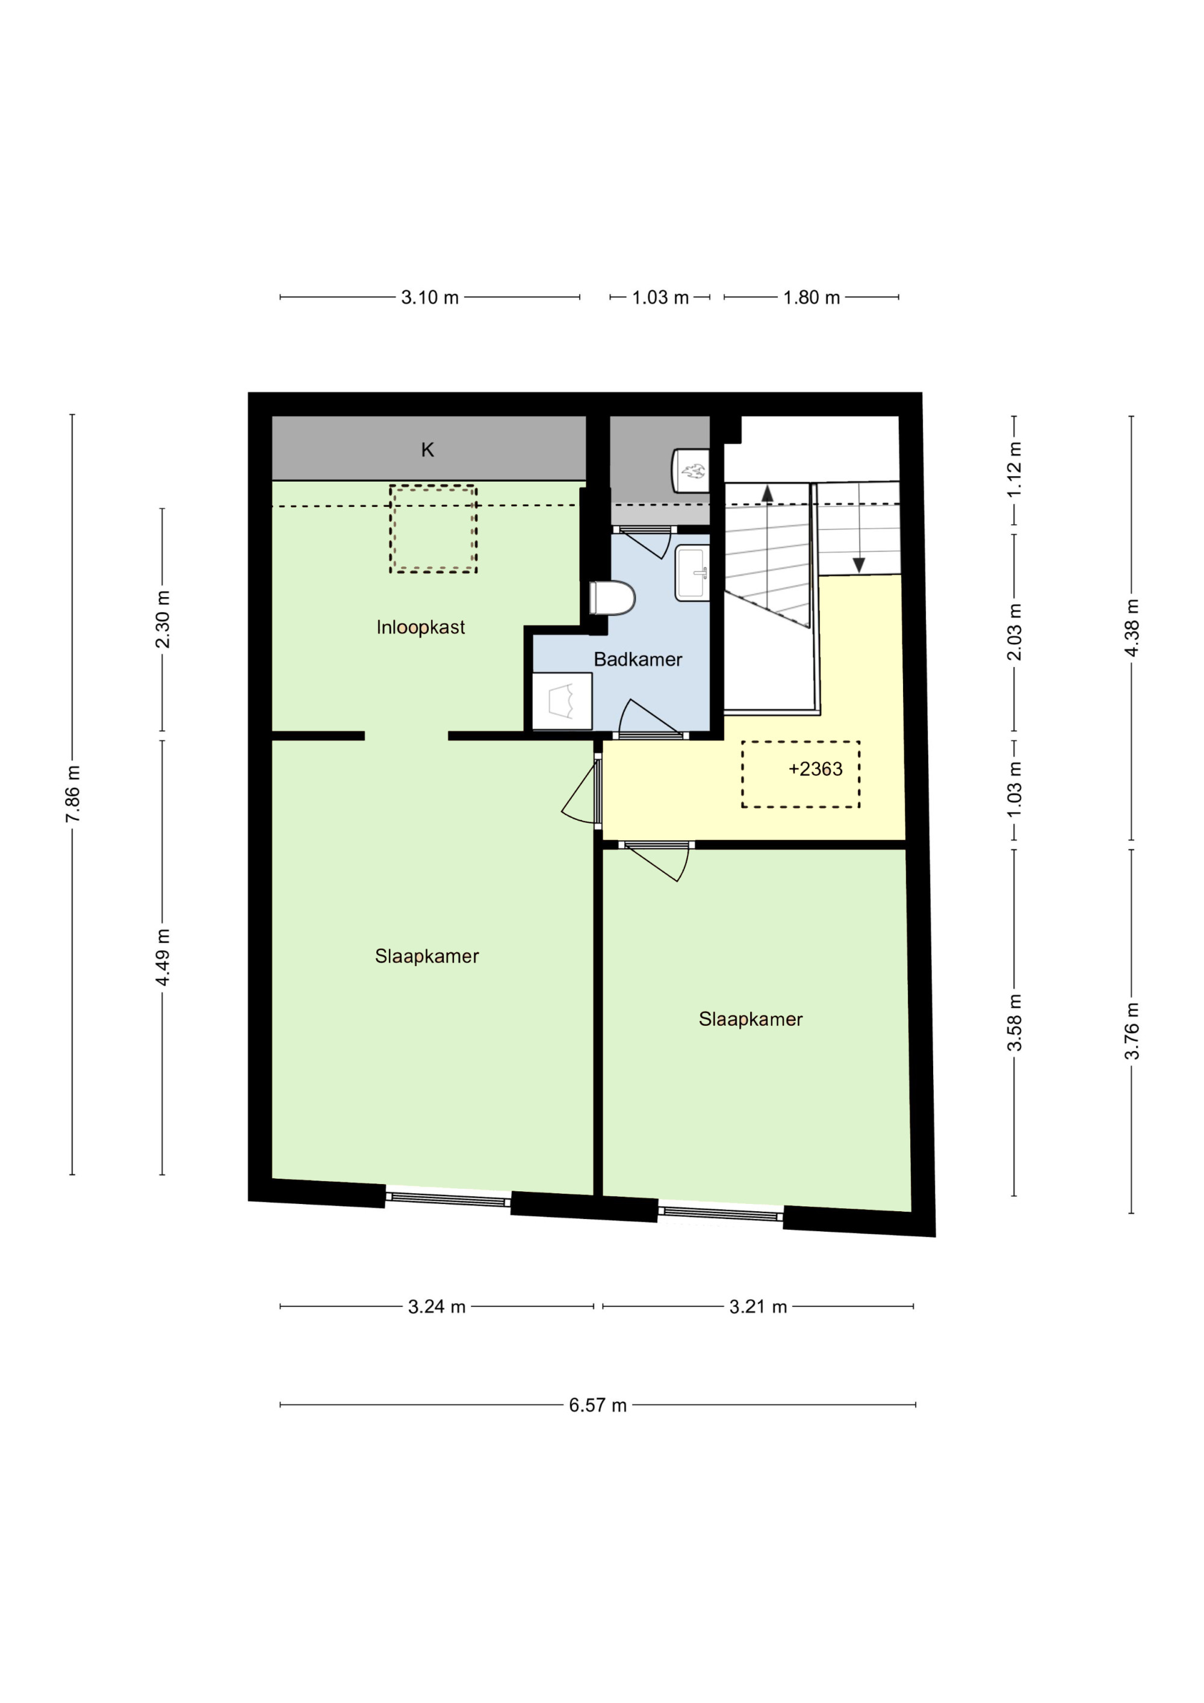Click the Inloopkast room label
click(x=421, y=627)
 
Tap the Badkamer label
click(x=638, y=659)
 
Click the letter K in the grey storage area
click(x=427, y=450)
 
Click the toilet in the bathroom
click(x=613, y=598)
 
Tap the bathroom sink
click(x=692, y=572)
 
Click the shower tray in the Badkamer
click(x=562, y=701)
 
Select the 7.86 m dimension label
click(x=73, y=795)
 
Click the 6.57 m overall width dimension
click(x=598, y=1406)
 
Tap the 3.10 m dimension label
click(x=430, y=297)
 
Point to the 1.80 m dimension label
click(x=811, y=297)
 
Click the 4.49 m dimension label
click(x=163, y=957)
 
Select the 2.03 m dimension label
click(x=1014, y=632)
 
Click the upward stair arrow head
click(x=767, y=492)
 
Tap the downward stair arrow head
click(x=859, y=565)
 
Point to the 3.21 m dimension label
click(x=758, y=1307)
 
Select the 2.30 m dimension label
click(x=163, y=619)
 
